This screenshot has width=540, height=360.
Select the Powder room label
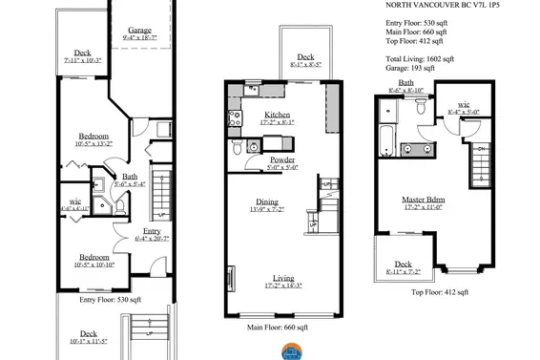[x=282, y=159]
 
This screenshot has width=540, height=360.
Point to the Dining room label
[x=266, y=201]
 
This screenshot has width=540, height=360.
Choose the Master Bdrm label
[x=424, y=200]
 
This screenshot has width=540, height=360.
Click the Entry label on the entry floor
[x=153, y=231]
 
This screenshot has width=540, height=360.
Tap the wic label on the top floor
[x=464, y=104]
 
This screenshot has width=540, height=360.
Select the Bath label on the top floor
[x=406, y=83]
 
